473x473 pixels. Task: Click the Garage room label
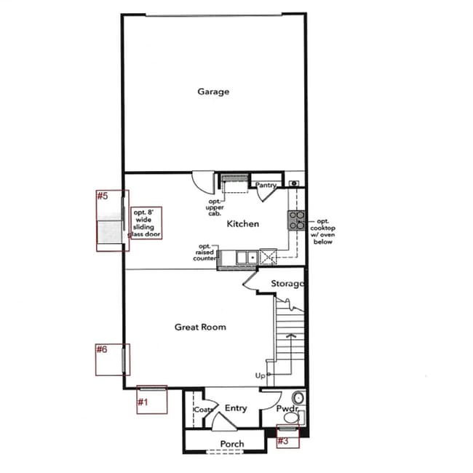point(213,92)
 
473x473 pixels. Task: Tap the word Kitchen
point(242,223)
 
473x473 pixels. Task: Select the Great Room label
point(200,327)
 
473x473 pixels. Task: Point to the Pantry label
point(266,186)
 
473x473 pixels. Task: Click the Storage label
point(287,283)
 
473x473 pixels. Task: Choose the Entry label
point(236,408)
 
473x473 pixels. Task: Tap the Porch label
point(232,444)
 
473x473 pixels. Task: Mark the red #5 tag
point(103,196)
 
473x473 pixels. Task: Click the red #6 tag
point(102,349)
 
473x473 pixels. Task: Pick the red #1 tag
point(143,401)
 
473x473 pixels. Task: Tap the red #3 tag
point(284,440)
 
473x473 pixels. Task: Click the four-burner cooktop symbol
point(296,220)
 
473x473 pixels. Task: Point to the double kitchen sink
point(245,256)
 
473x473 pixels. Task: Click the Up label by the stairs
point(260,375)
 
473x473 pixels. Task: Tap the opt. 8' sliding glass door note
point(146,223)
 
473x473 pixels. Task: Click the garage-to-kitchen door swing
point(202,180)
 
